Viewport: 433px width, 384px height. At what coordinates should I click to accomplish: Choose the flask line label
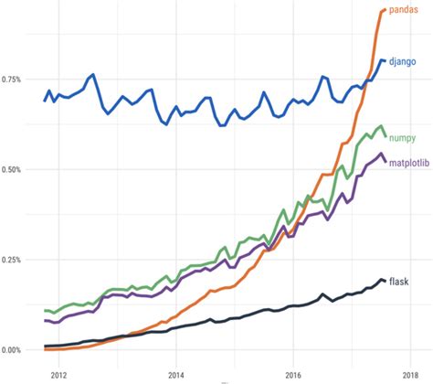[398, 280]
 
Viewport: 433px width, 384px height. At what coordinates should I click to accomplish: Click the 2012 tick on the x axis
[58, 373]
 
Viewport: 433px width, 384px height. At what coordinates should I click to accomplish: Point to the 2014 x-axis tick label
[176, 373]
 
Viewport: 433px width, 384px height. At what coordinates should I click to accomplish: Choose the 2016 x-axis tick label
[293, 373]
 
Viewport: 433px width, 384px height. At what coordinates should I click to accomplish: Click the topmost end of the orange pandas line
[385, 9]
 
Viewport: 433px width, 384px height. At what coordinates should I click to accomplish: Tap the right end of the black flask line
[385, 281]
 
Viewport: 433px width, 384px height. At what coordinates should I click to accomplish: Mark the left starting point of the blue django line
[44, 101]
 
